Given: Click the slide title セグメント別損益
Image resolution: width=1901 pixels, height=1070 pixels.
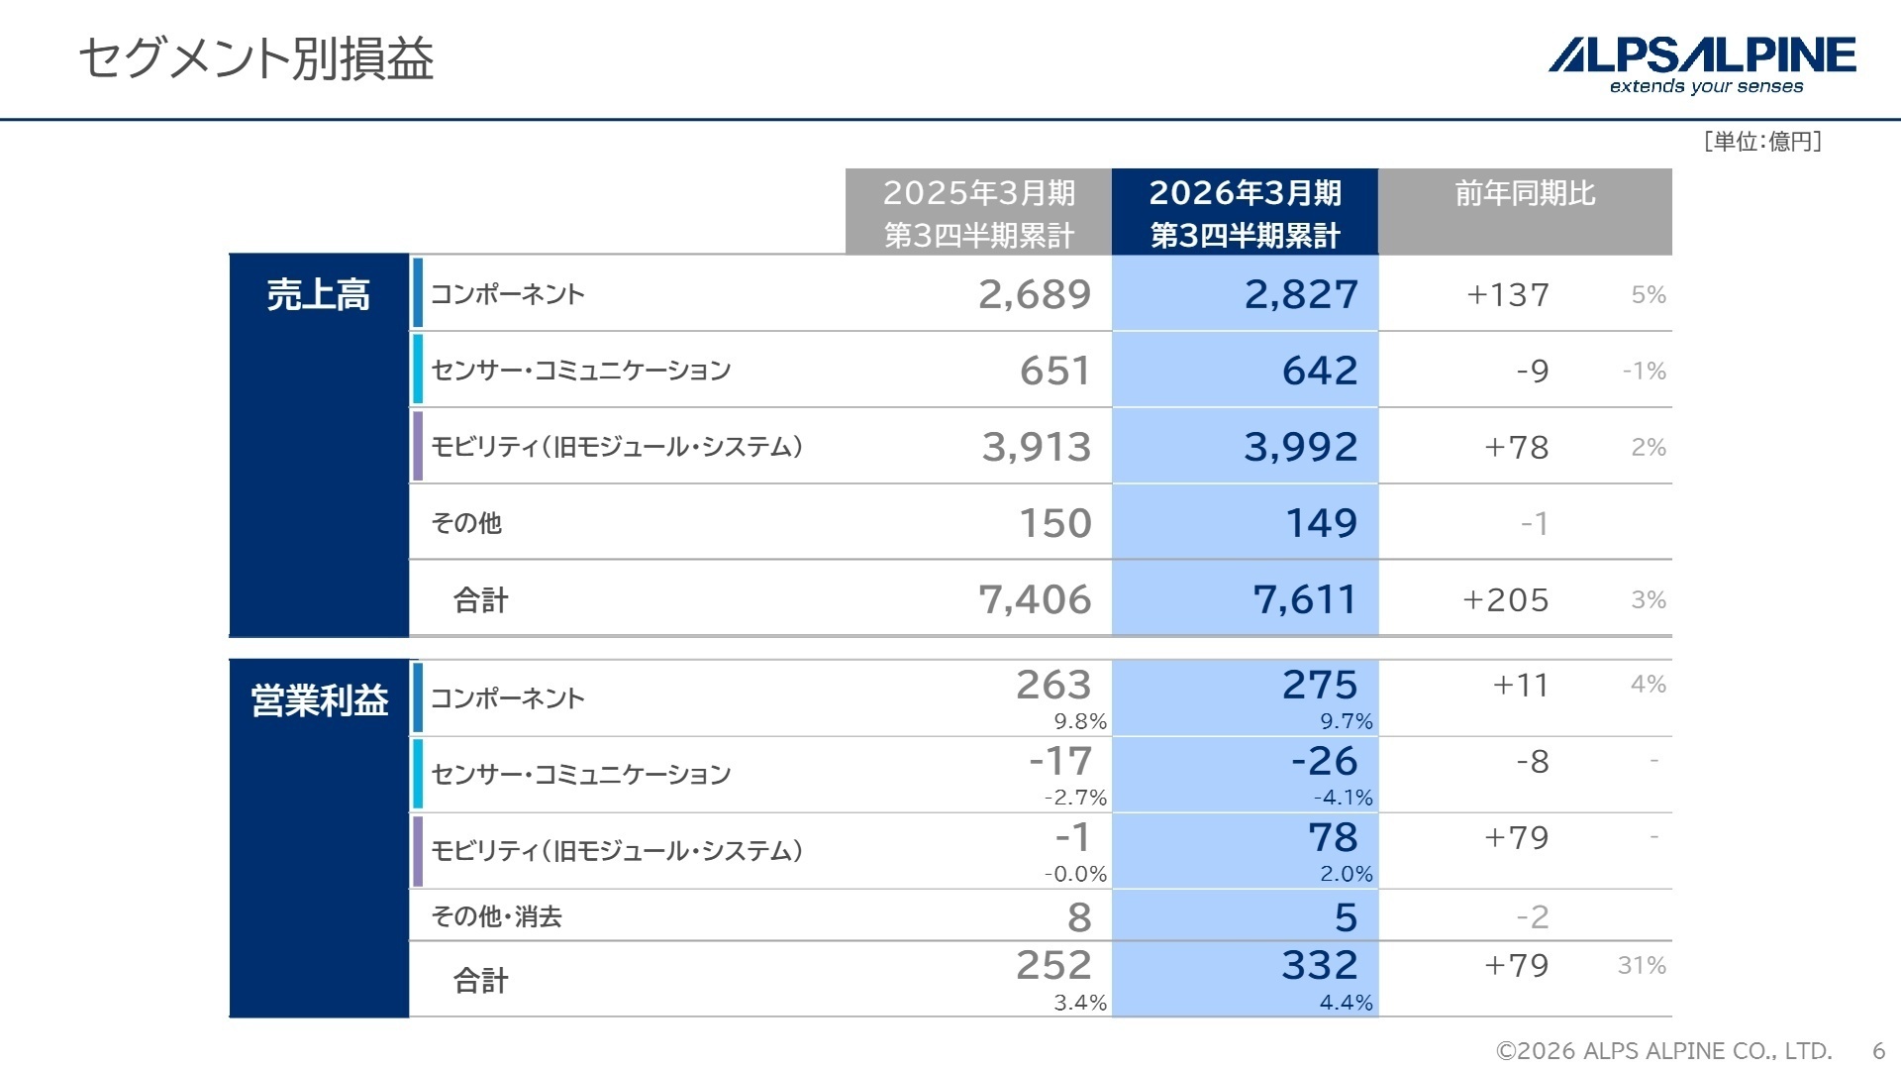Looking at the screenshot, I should [255, 59].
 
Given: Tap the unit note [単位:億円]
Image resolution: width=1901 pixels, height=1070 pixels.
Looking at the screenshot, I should [1762, 142].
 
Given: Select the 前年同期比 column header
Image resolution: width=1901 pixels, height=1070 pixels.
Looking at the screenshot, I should [1525, 194].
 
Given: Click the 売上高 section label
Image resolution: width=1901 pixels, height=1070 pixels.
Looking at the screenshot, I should [318, 295].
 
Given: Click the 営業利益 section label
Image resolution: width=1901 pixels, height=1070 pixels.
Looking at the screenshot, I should [319, 701].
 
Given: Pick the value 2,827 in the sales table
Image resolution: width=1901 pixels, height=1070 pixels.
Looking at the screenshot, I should [1301, 294].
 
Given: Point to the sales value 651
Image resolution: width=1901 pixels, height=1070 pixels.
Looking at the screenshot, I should [1055, 371].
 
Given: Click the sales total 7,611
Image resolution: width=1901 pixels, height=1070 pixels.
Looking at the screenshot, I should [1305, 599].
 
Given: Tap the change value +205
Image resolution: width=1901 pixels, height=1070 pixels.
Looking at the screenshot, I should [1506, 600].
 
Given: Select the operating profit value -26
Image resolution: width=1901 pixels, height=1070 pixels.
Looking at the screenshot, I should [1324, 761].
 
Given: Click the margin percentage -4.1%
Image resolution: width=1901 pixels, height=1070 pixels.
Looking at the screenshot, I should [1343, 798].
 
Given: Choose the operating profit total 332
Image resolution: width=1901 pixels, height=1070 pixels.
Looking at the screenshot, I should [1320, 965].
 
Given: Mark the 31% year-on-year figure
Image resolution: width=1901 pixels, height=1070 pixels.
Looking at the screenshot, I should [1642, 965].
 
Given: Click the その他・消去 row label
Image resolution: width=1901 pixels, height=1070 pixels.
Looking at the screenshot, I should [496, 916].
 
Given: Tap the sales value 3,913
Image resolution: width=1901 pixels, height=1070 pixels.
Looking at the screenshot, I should [1036, 447].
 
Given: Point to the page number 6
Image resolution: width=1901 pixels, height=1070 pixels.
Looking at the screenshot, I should [1878, 1050].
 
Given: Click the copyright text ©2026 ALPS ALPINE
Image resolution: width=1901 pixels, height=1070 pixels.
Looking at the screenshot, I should [1663, 1050].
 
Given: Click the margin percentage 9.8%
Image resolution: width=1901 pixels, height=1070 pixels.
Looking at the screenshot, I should [1080, 721].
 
